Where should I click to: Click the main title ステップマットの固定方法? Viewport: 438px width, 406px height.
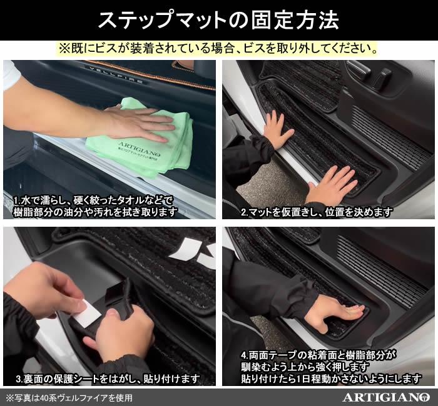(x=219, y=20)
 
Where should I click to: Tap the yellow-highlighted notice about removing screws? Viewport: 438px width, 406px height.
(x=218, y=49)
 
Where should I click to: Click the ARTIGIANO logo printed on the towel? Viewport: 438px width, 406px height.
(x=139, y=149)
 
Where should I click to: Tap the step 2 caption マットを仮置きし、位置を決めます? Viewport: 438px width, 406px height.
(x=317, y=212)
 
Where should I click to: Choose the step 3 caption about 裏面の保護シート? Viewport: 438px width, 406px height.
(x=108, y=379)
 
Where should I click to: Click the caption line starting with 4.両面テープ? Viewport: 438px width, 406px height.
(x=318, y=355)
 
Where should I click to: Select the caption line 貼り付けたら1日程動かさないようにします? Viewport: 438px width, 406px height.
(x=331, y=379)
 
